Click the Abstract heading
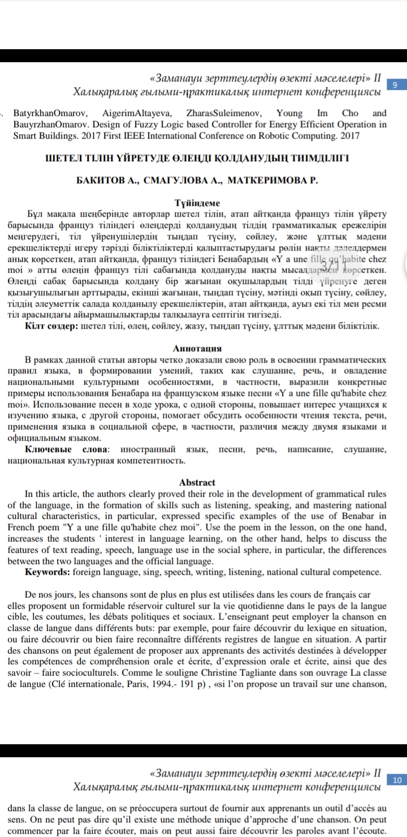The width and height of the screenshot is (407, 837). click(197, 482)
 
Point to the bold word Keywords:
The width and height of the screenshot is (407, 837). click(48, 572)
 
